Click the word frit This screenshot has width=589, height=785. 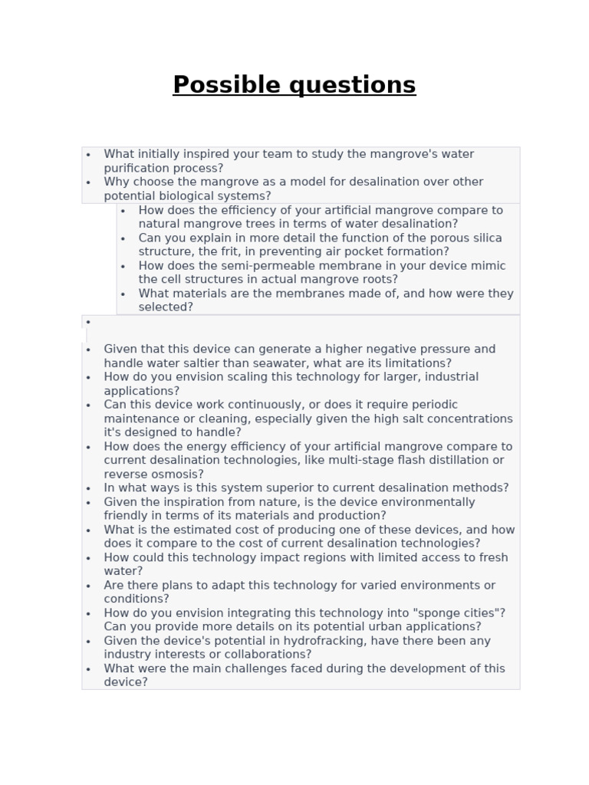pos(238,251)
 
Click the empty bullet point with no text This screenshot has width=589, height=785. pos(89,322)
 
